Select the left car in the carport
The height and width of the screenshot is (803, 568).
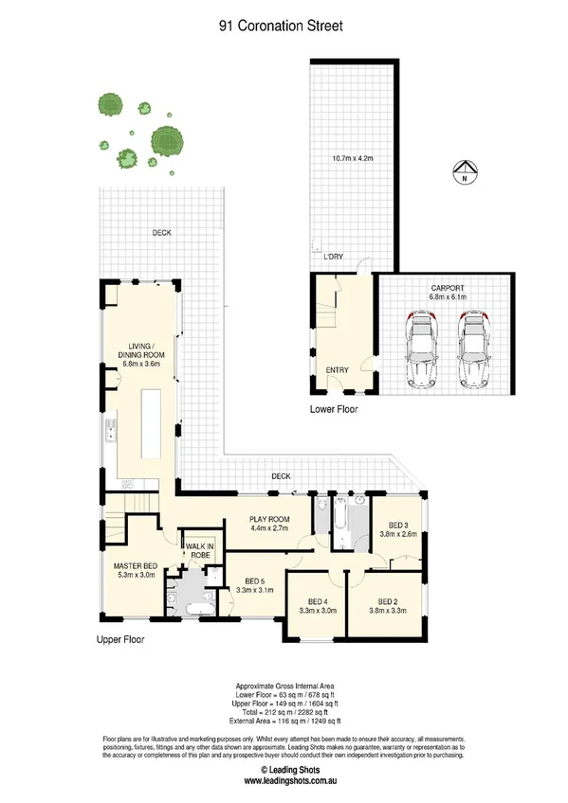coord(420,349)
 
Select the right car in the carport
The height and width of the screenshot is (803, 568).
coord(473,349)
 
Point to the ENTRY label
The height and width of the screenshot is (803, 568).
coord(337,370)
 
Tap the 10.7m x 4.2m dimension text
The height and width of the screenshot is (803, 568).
coord(352,158)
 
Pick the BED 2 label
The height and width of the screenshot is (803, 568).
coord(386,604)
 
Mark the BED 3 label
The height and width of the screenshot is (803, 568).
coord(396,531)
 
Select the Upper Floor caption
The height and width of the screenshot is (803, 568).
coord(123,639)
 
